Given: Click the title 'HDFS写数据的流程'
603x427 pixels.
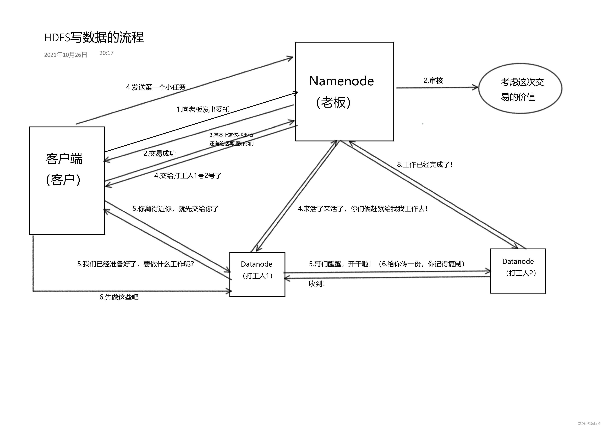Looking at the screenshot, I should click(x=94, y=37).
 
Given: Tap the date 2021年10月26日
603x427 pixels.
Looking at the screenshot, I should click(x=66, y=55).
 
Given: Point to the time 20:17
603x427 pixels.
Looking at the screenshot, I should click(x=106, y=53).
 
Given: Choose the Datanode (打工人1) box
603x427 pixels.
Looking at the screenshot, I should click(x=257, y=275).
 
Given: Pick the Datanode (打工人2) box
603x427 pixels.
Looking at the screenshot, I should click(x=518, y=271).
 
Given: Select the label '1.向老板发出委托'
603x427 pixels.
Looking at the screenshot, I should click(x=203, y=109).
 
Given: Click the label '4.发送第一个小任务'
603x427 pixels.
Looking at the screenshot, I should click(x=156, y=87).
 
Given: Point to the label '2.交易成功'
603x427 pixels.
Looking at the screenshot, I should click(x=159, y=153).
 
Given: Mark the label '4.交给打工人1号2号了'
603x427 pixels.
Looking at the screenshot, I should click(x=188, y=176).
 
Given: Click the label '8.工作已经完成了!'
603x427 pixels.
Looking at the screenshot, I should click(x=425, y=165).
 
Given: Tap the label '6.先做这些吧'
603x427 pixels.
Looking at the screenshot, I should click(x=119, y=297).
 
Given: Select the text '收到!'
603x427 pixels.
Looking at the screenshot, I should click(x=317, y=284).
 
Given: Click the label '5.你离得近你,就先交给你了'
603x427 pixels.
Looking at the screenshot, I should click(x=176, y=209).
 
